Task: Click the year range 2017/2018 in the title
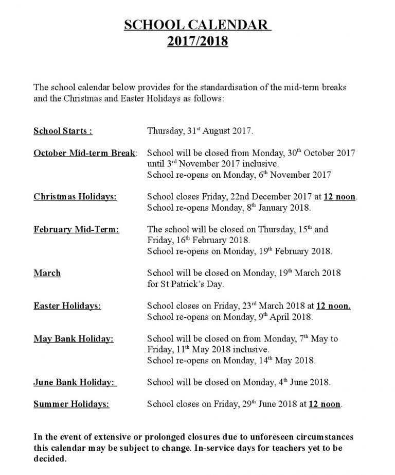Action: (197, 41)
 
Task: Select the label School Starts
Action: (63, 131)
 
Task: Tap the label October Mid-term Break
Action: (85, 154)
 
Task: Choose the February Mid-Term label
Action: (76, 230)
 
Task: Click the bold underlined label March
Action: (47, 273)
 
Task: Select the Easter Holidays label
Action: (67, 306)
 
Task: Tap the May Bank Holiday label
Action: (74, 339)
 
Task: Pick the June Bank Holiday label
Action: (75, 382)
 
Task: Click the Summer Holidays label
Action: (71, 404)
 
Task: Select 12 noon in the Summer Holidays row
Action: (325, 404)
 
